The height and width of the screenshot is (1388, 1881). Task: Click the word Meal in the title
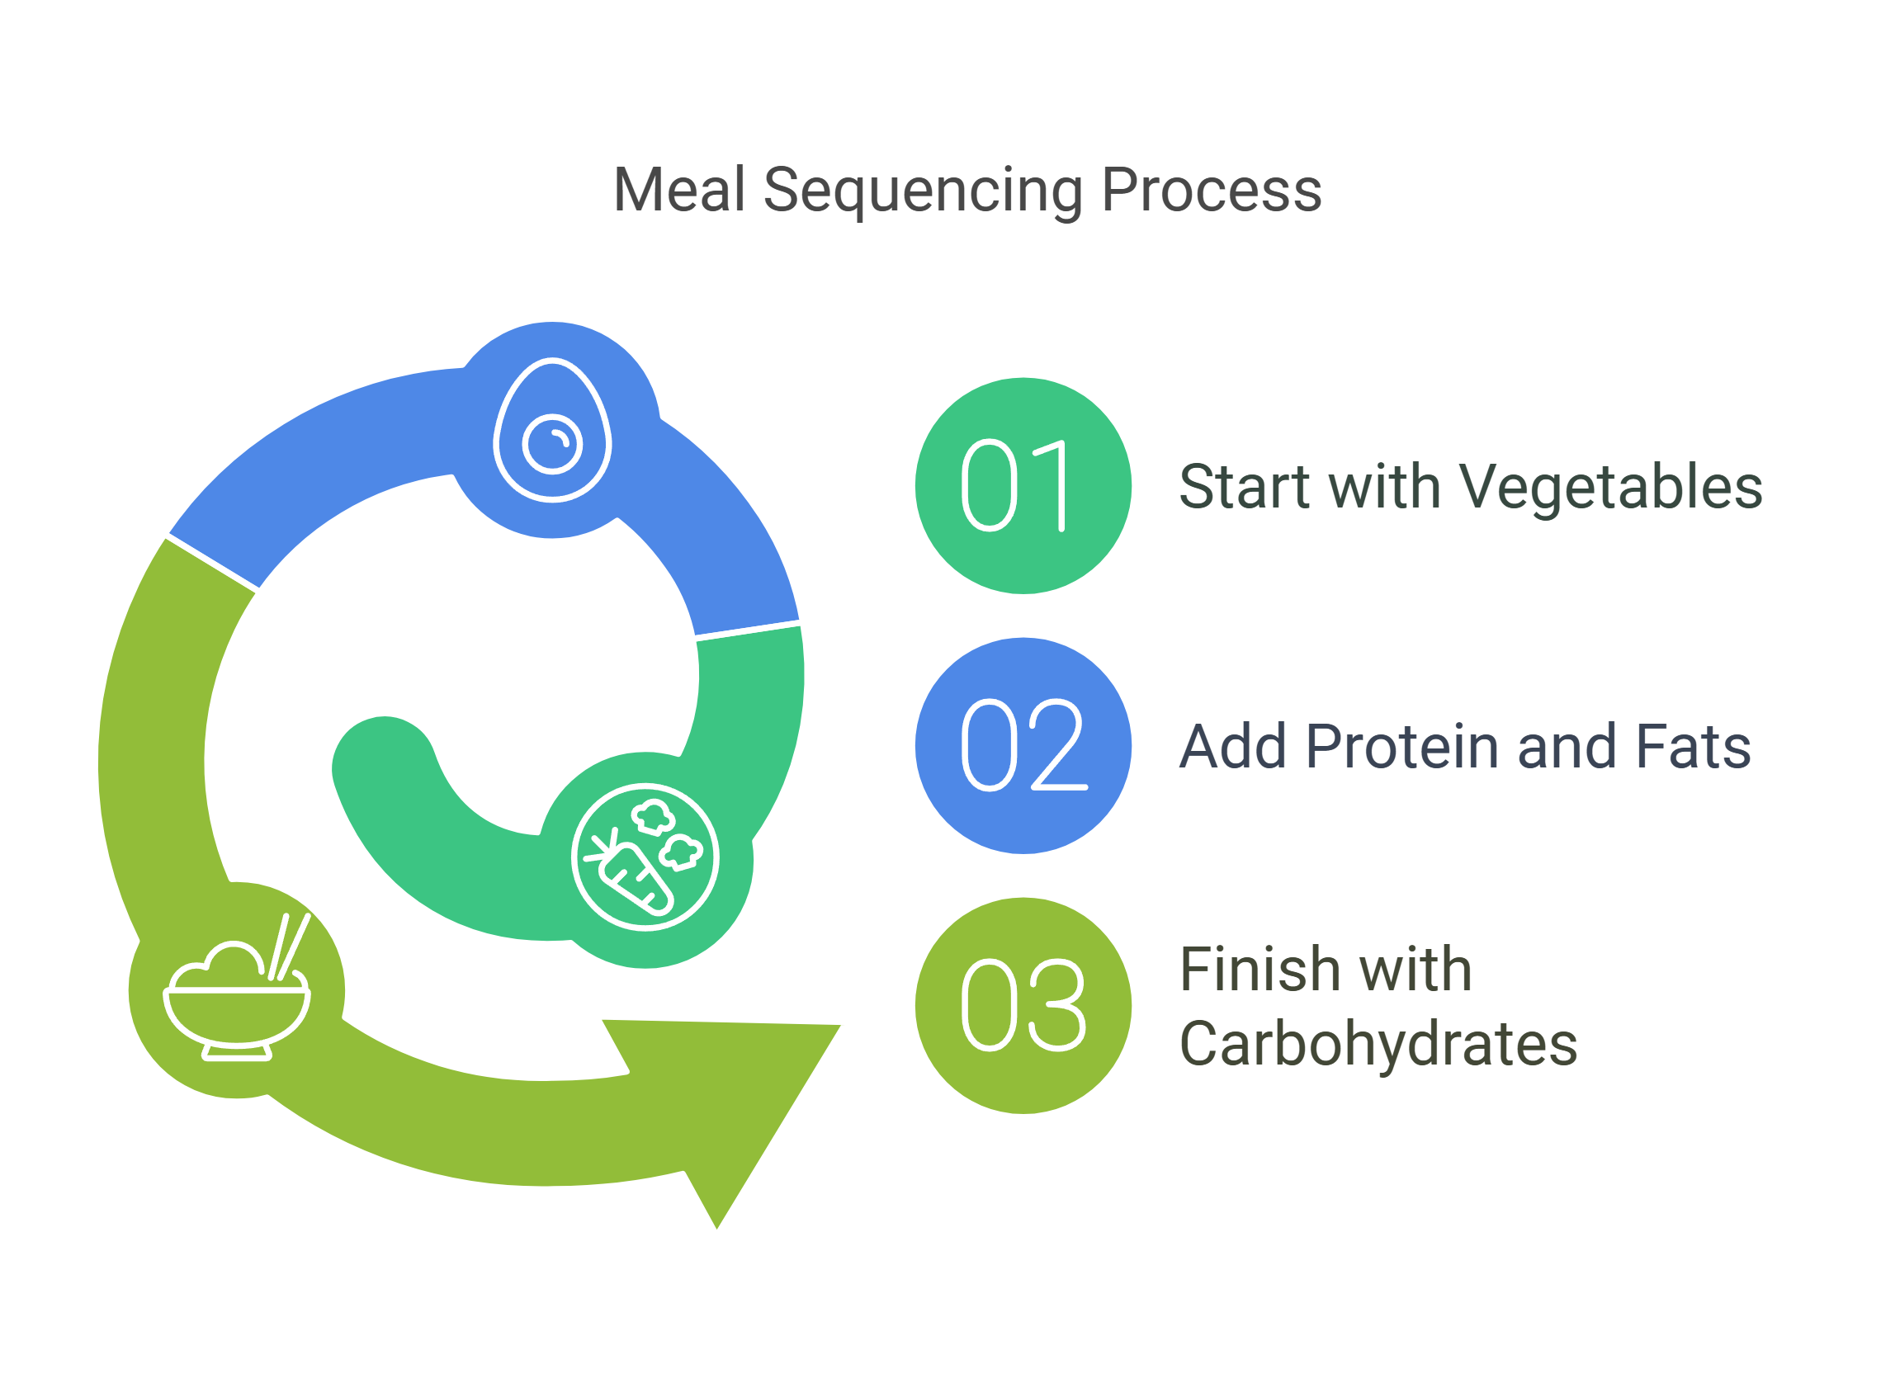tap(679, 190)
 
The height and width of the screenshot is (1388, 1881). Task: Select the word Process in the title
tap(1212, 190)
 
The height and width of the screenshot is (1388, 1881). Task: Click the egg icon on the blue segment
tap(552, 430)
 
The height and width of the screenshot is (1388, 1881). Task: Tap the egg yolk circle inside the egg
tap(552, 444)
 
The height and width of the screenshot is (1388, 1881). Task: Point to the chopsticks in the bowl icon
tap(289, 947)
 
